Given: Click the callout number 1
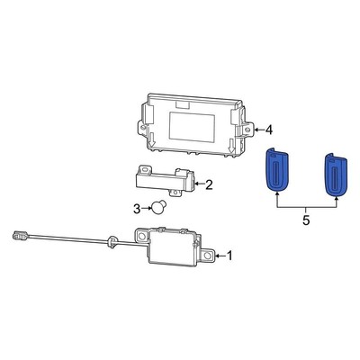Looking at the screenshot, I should pyautogui.click(x=229, y=256).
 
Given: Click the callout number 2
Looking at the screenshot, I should pyautogui.click(x=209, y=185).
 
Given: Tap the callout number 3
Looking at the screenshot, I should pyautogui.click(x=137, y=209).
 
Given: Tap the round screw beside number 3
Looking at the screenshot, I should pyautogui.click(x=159, y=208).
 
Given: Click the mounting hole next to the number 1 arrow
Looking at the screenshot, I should pyautogui.click(x=206, y=256).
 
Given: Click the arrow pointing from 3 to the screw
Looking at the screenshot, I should pyautogui.click(x=147, y=209).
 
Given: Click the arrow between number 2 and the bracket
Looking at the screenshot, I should pyautogui.click(x=198, y=185).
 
